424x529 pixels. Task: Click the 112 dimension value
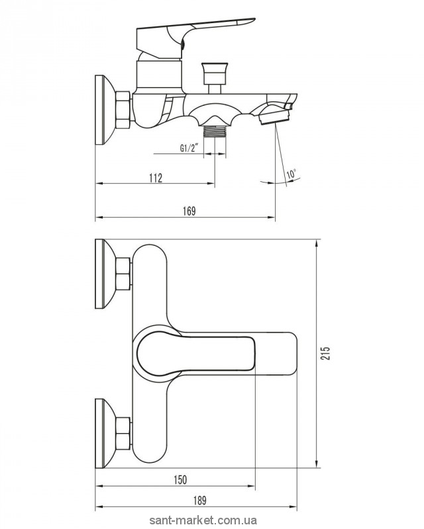[154, 177]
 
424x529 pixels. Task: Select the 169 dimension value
[188, 211]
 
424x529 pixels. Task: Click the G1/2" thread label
[189, 149]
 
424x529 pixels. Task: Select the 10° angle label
[291, 175]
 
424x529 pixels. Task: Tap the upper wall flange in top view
[104, 273]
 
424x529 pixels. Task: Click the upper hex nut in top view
[123, 273]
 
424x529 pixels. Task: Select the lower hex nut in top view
[123, 432]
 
